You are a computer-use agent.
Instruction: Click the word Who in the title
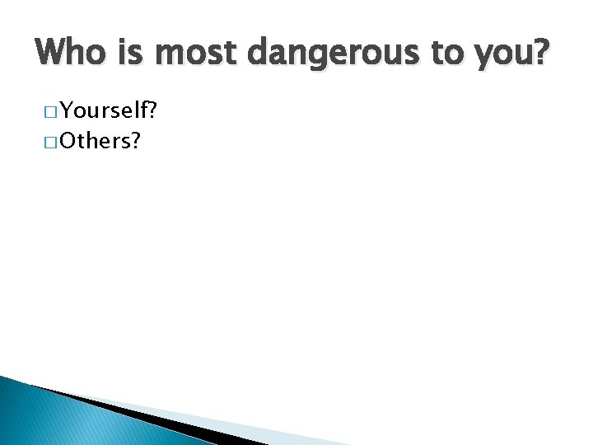tap(71, 54)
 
